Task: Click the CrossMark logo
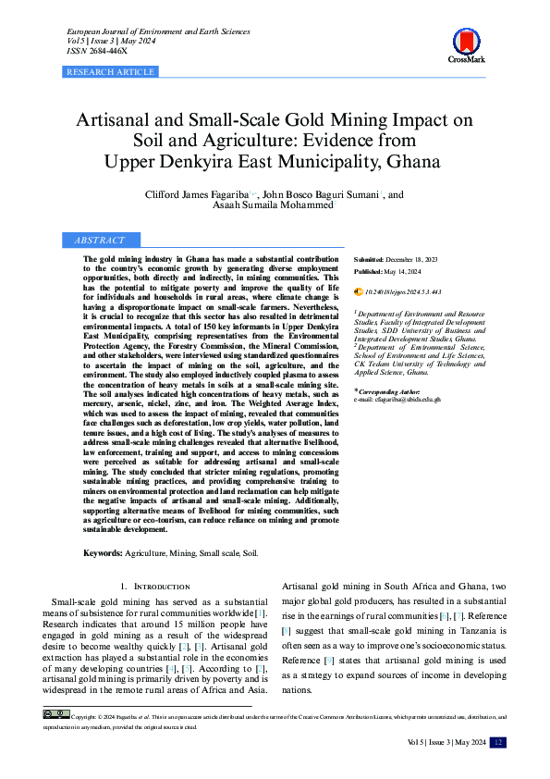(466, 43)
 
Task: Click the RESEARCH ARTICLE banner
(110, 71)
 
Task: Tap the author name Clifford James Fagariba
(197, 195)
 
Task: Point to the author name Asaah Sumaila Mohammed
(275, 207)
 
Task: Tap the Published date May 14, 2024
(403, 273)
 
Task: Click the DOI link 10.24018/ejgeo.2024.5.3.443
(403, 291)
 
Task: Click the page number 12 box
(497, 742)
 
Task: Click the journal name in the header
(153, 31)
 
